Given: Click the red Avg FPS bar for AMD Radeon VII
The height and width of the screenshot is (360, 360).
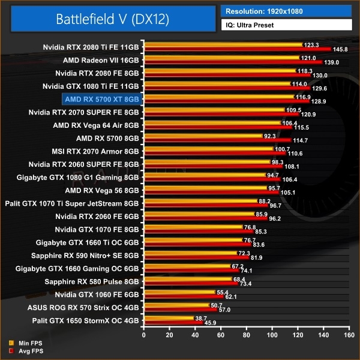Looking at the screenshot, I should pyautogui.click(x=234, y=62).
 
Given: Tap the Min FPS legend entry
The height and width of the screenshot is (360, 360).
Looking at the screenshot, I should pyautogui.click(x=24, y=344).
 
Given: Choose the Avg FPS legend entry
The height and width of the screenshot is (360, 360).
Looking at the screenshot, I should pyautogui.click(x=24, y=351).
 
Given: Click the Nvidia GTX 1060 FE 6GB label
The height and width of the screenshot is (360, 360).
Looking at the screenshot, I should pyautogui.click(x=97, y=295).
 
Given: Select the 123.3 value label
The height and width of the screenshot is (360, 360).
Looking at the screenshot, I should pyautogui.click(x=311, y=44).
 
